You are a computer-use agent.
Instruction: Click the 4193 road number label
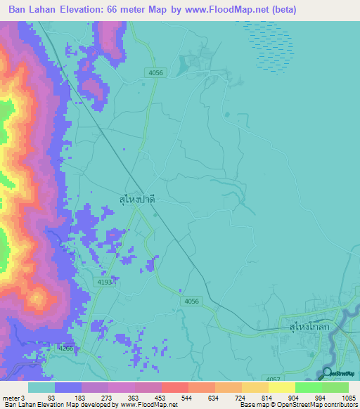(104, 283)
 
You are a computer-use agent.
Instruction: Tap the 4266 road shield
(65, 348)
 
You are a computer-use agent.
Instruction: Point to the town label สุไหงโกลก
(309, 327)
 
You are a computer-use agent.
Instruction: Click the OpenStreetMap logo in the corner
(340, 372)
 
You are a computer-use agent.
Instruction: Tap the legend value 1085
(349, 397)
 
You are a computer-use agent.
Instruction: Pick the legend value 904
(283, 397)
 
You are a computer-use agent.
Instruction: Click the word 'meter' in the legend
(11, 397)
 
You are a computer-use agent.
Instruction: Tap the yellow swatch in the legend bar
(281, 387)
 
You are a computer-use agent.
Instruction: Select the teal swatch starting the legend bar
(41, 387)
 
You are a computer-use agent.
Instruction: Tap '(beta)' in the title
(281, 10)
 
